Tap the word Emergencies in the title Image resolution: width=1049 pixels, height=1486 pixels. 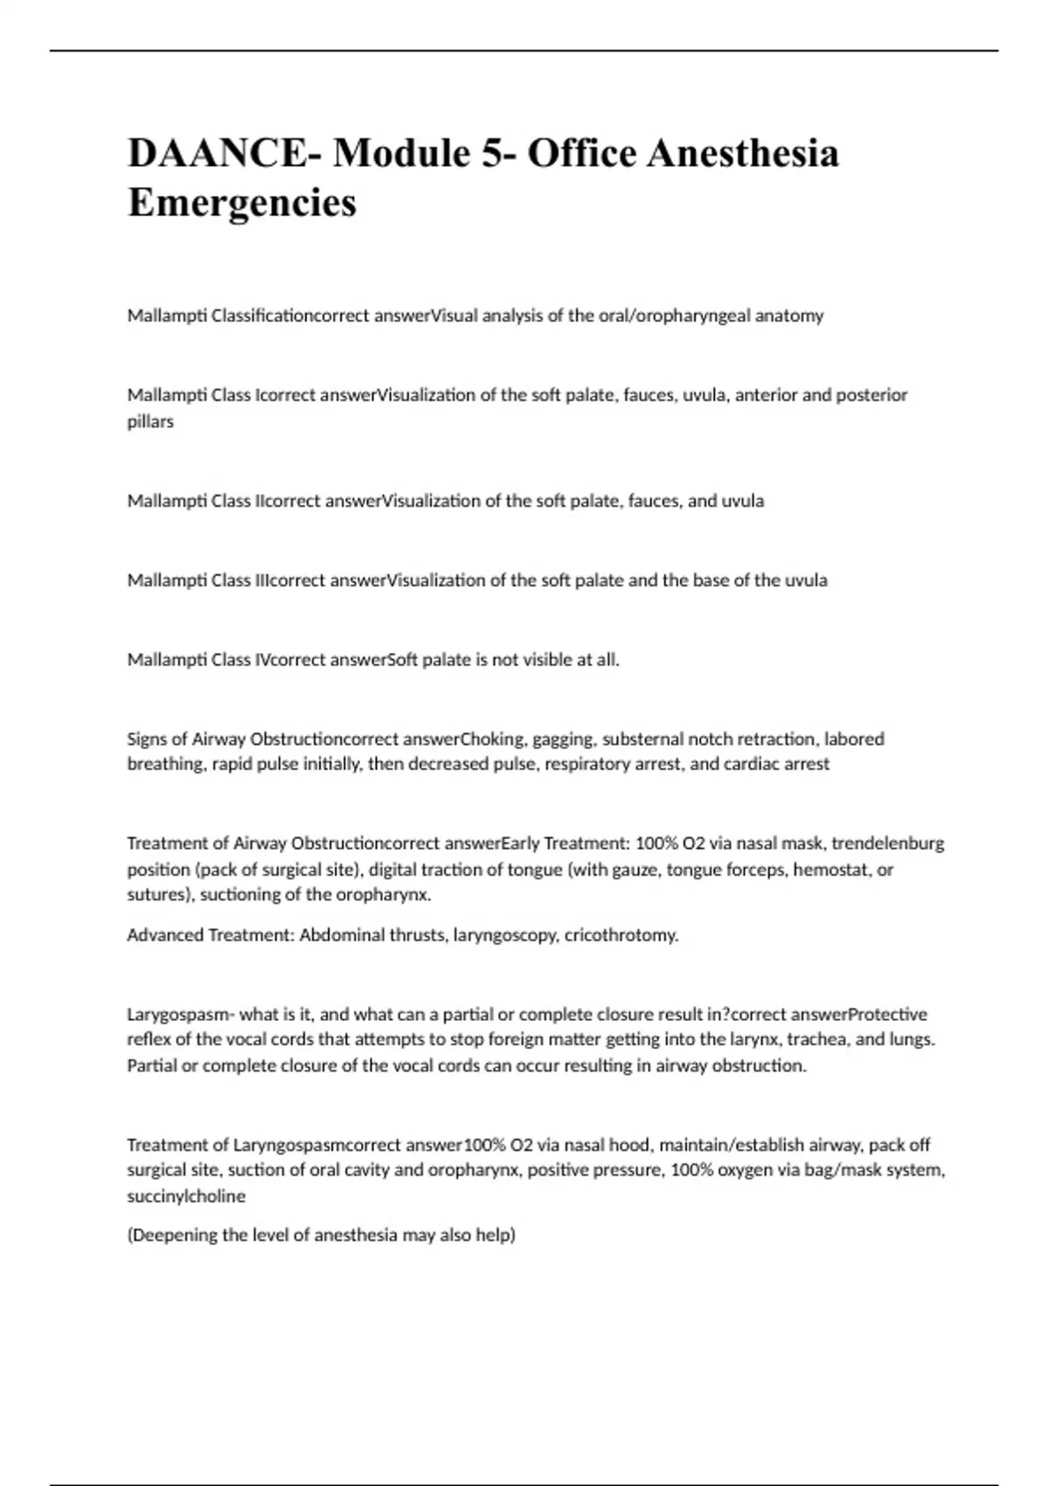242,203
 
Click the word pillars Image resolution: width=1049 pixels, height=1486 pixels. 150,421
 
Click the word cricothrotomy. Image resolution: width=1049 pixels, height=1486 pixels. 622,935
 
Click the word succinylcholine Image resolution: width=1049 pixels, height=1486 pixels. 186,1196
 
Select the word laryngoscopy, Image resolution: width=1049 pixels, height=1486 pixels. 505,935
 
